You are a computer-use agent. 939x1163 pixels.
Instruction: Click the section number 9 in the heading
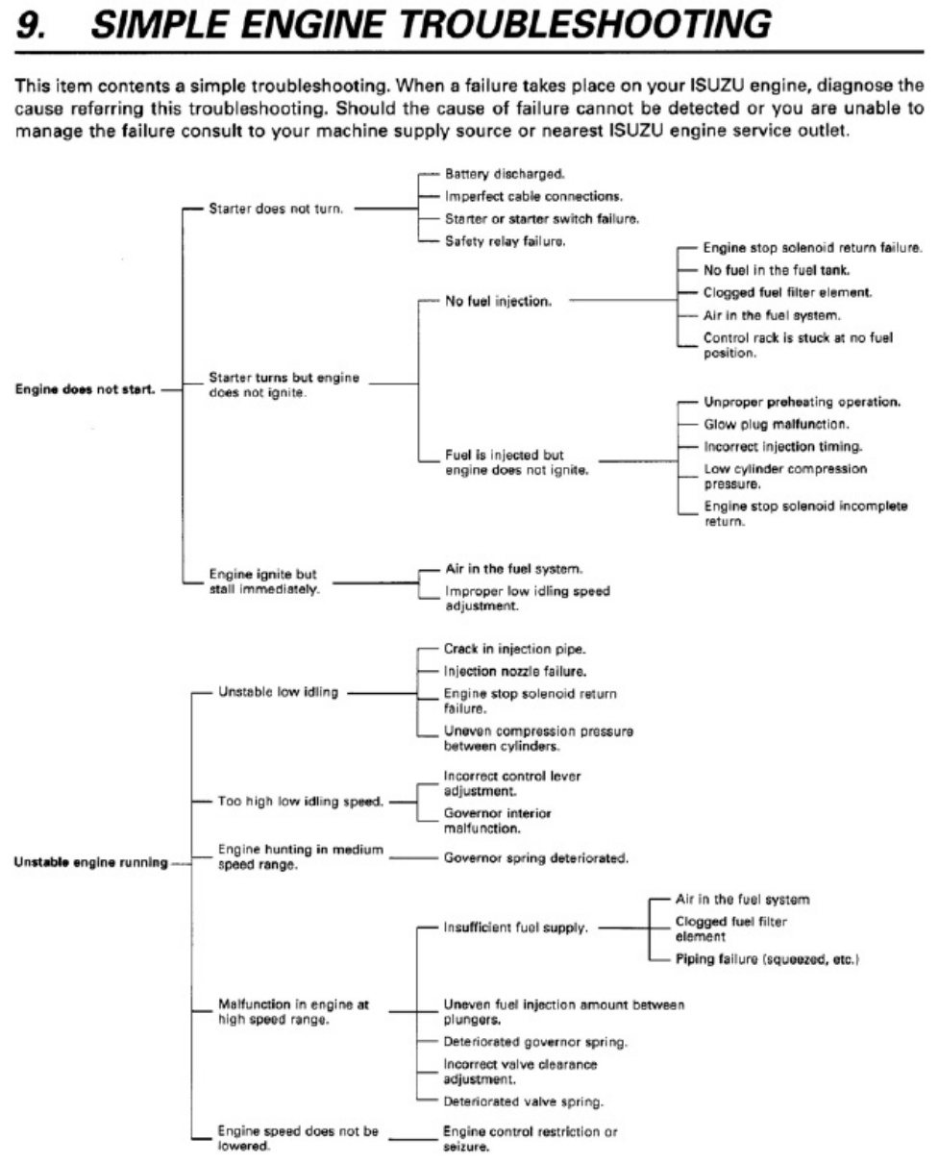[31, 25]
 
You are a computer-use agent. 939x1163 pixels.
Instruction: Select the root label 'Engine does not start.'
[86, 389]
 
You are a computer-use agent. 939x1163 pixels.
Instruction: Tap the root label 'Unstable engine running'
[90, 863]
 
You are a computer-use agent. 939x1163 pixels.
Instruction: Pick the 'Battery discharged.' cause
[505, 174]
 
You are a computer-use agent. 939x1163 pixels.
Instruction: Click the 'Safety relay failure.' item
[505, 241]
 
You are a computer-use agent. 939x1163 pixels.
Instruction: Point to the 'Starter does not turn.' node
[276, 209]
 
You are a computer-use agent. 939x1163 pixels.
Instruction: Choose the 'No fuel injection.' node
[498, 302]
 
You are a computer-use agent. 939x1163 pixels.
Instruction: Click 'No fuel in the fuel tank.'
[777, 270]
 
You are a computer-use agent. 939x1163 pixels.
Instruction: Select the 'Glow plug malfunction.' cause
[777, 424]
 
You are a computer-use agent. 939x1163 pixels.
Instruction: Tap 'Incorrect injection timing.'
[783, 447]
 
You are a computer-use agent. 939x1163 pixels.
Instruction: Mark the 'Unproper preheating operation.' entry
[802, 402]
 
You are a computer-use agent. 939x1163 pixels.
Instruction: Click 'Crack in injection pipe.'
[514, 649]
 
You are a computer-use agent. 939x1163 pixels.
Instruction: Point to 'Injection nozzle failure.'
[515, 671]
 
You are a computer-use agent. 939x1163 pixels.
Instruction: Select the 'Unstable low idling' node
[279, 692]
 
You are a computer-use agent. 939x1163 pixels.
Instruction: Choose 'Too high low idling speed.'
[301, 802]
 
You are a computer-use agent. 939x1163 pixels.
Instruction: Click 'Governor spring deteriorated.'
[536, 857]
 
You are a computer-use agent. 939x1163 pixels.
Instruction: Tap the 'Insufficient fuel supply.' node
[515, 928]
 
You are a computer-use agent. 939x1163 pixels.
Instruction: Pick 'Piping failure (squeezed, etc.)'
[767, 959]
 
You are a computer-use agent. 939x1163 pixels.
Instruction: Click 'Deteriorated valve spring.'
[524, 1101]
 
